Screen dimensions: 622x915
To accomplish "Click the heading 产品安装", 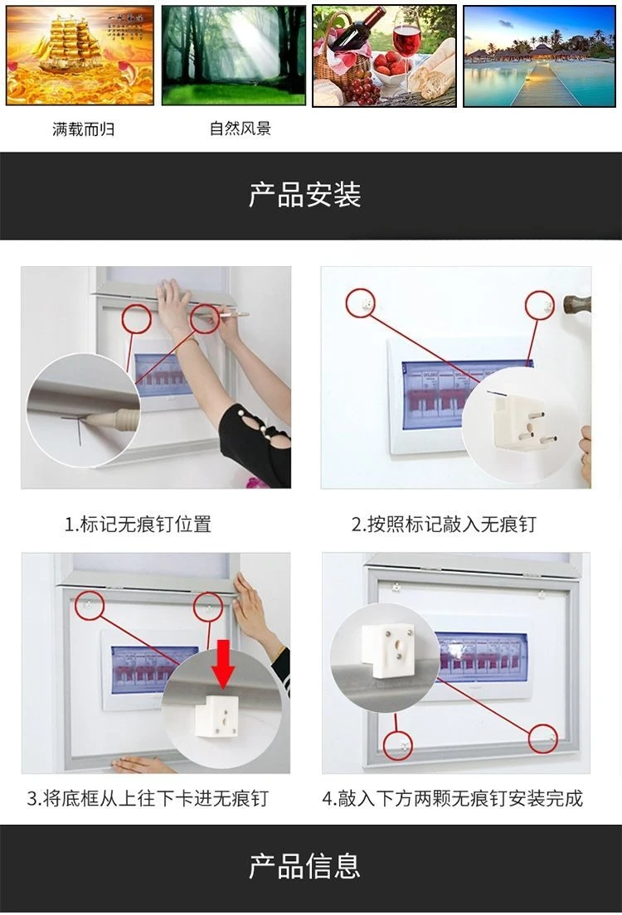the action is click(305, 195).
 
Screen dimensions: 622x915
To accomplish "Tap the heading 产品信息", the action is click(305, 866).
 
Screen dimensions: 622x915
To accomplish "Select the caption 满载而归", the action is click(83, 129).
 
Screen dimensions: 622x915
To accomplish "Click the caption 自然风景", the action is click(240, 128).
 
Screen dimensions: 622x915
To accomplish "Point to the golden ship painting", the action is click(80, 56).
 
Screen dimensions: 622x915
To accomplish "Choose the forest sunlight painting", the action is click(234, 56).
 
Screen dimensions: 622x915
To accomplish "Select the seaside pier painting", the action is click(540, 56).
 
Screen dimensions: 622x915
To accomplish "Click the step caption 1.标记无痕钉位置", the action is click(138, 524).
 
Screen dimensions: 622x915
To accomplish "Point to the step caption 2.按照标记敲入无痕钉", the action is click(444, 524).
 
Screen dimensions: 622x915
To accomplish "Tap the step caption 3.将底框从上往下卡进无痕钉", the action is click(148, 797).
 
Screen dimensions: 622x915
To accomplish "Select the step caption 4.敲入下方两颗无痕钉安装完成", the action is click(453, 797).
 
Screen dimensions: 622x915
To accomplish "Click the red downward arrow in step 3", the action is click(222, 663).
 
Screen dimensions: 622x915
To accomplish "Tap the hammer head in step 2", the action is click(576, 305).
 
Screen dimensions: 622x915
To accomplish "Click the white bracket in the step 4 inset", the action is click(388, 651).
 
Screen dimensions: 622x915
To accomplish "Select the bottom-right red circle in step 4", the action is click(543, 738).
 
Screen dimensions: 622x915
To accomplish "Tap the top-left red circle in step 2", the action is click(361, 303).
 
